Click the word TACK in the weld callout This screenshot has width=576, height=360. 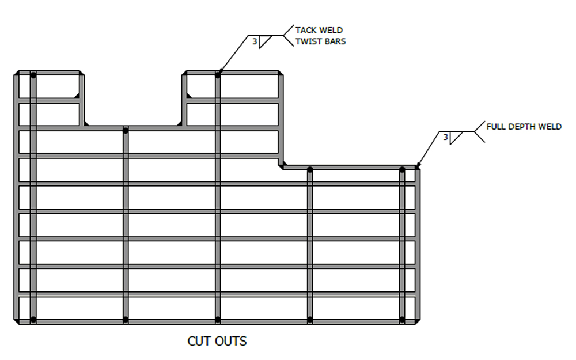(x=305, y=31)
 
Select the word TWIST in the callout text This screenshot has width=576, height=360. (x=306, y=42)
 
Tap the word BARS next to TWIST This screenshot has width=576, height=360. (x=334, y=42)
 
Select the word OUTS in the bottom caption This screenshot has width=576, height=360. (x=231, y=341)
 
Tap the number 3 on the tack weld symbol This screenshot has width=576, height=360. (x=255, y=41)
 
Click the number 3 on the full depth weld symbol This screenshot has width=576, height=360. (x=445, y=137)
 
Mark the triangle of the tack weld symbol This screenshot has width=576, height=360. (x=264, y=41)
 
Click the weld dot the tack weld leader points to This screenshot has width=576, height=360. (x=218, y=74)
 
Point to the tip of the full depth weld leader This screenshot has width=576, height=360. (x=416, y=168)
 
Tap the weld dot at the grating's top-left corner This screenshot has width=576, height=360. (x=33, y=75)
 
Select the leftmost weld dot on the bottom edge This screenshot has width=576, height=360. (x=33, y=319)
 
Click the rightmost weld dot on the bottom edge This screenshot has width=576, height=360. (x=402, y=319)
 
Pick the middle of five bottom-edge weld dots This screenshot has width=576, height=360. (x=218, y=319)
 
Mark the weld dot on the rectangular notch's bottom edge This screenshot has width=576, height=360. (x=126, y=130)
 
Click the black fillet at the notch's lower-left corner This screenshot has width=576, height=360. (x=85, y=123)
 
